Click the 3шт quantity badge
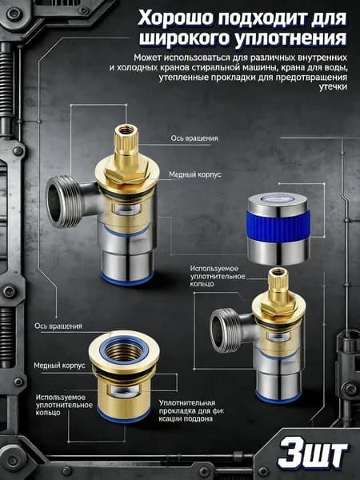(x=312, y=455)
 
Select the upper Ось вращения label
(x=194, y=138)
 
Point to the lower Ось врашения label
(x=58, y=326)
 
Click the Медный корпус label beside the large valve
(x=195, y=174)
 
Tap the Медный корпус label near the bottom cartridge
(x=59, y=366)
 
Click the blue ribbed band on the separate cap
(x=278, y=225)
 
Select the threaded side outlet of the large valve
(x=62, y=202)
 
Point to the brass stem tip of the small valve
(x=278, y=280)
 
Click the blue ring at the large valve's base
(x=127, y=278)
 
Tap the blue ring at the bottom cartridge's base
(x=123, y=416)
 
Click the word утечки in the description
(x=333, y=87)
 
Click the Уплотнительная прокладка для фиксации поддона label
(x=191, y=410)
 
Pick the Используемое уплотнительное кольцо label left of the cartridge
(x=64, y=405)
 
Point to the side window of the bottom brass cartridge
(x=124, y=390)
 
